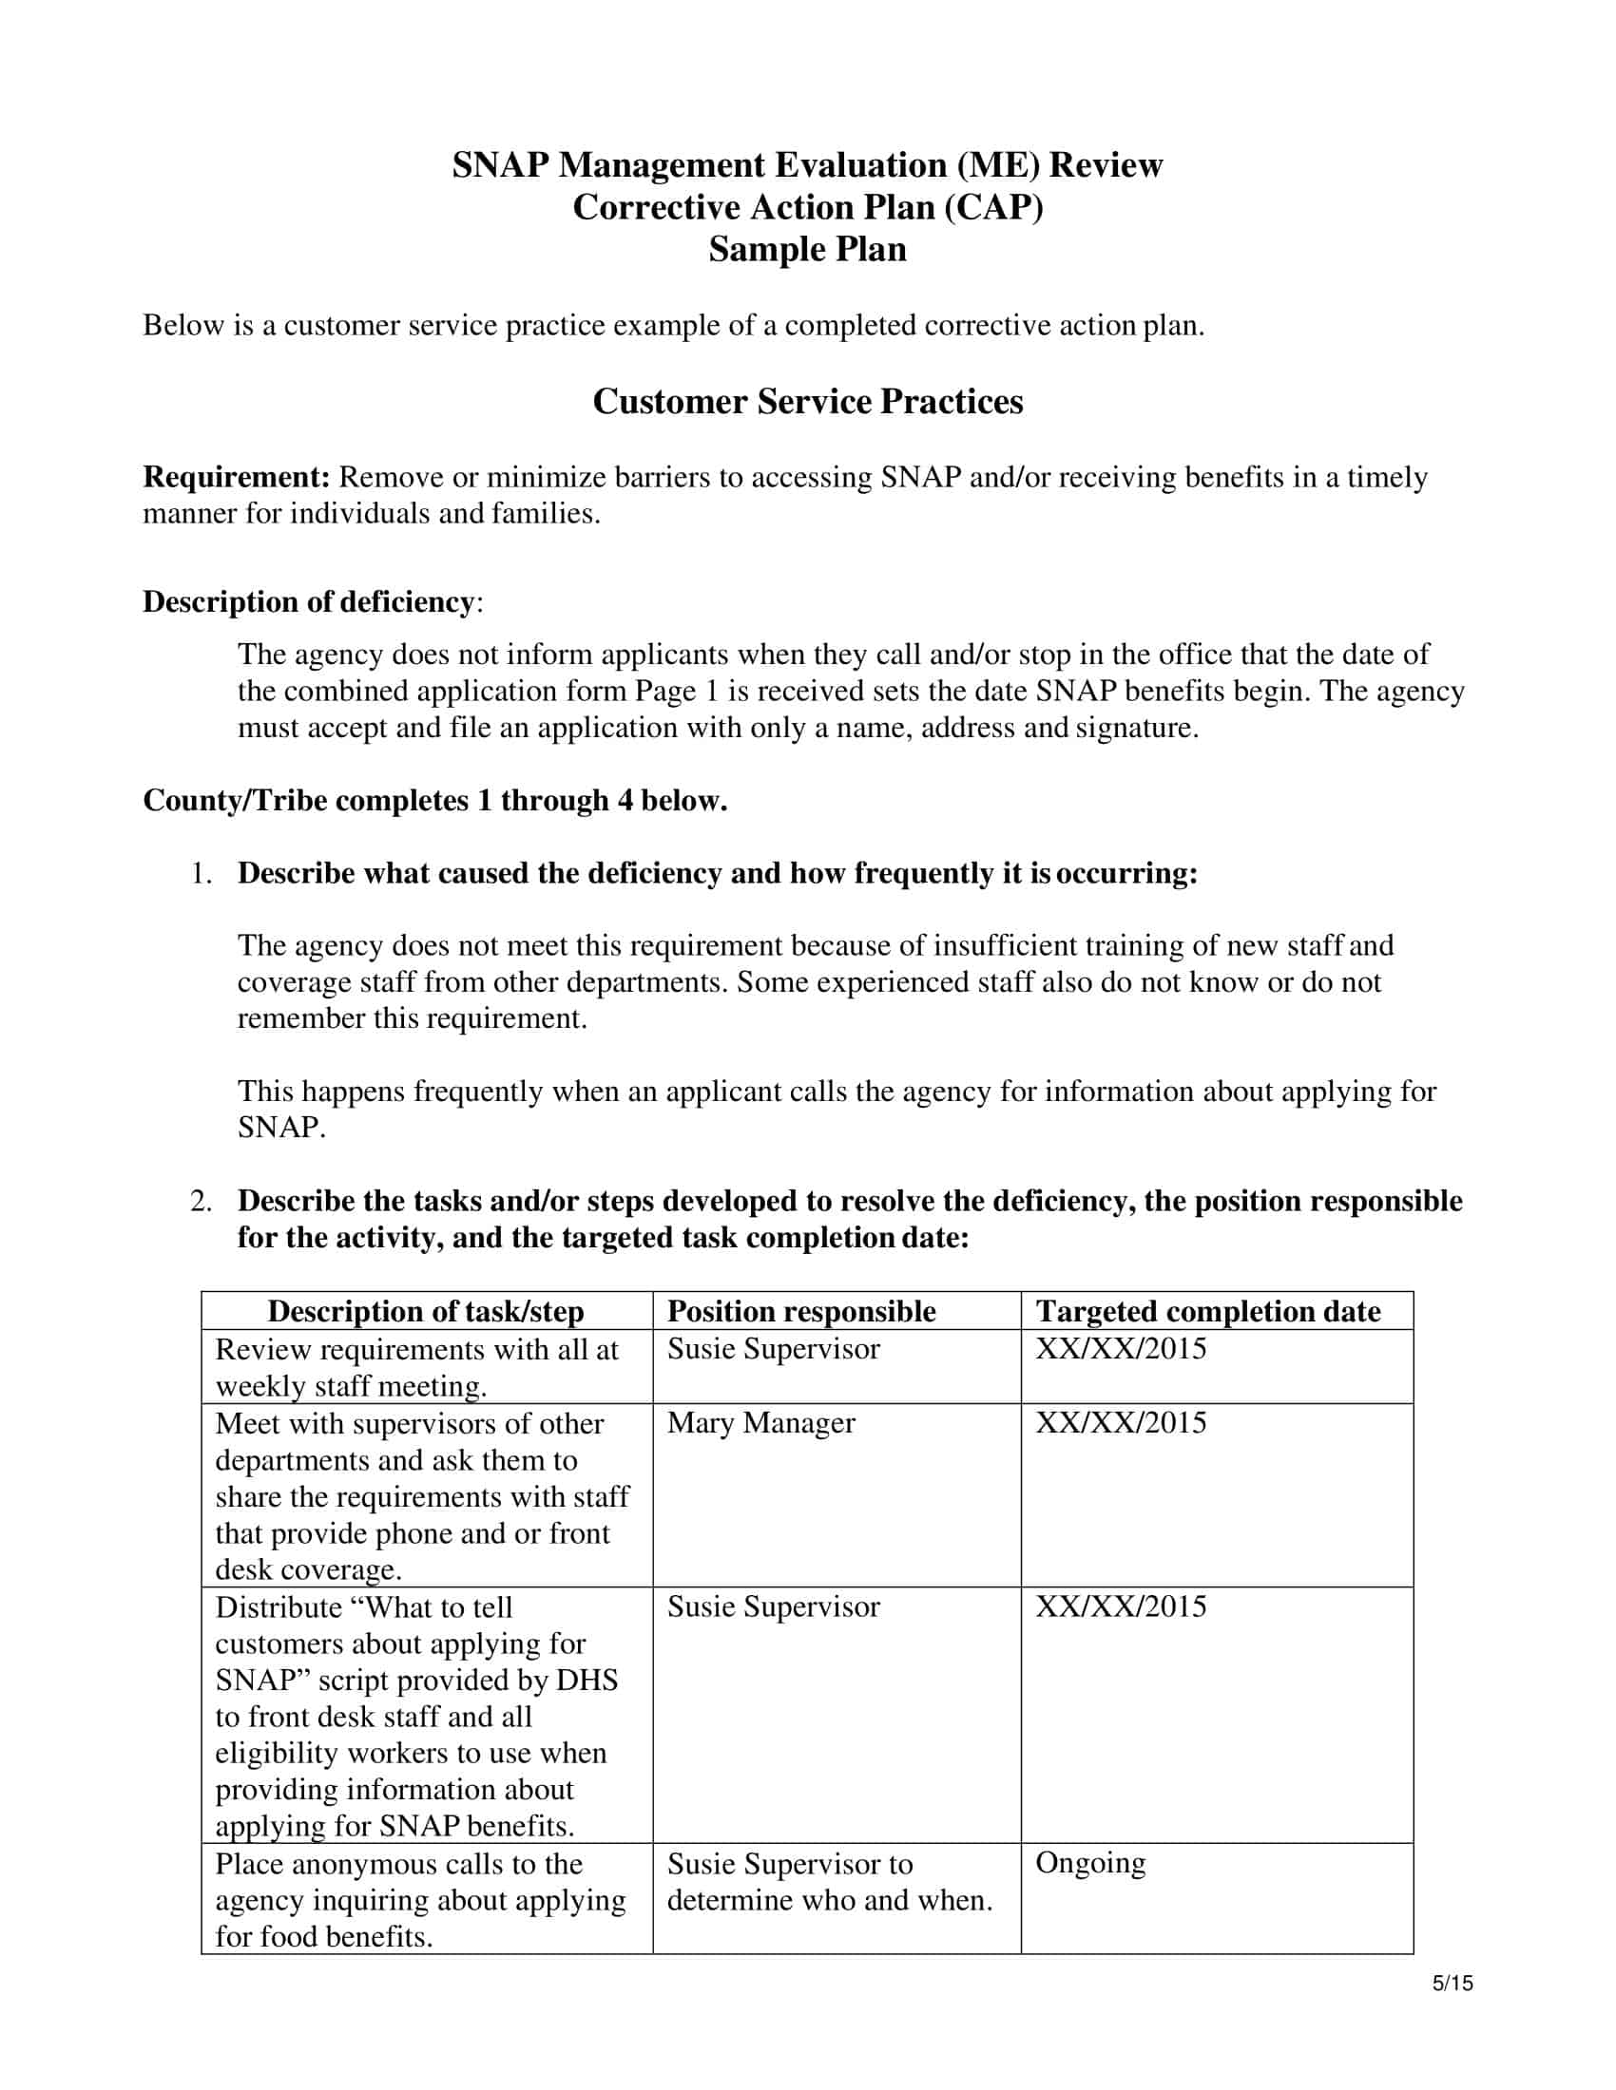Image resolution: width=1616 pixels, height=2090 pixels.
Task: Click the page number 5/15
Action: click(1452, 1984)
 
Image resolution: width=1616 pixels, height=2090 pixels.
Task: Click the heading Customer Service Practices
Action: click(807, 401)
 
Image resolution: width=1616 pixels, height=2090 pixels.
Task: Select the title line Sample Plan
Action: click(807, 250)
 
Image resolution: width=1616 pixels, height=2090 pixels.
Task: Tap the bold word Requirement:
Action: click(237, 477)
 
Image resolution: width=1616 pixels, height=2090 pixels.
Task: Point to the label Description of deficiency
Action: click(308, 602)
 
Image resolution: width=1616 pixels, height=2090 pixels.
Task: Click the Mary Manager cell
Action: click(760, 1423)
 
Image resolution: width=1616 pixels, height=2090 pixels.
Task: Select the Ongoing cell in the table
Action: click(1089, 1863)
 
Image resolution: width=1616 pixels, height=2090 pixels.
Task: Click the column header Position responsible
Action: click(800, 1311)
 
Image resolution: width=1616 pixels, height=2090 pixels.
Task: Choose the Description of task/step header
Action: click(425, 1311)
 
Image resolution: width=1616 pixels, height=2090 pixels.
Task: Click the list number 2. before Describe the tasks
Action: click(200, 1201)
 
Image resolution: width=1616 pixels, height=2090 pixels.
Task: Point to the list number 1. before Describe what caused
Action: click(200, 874)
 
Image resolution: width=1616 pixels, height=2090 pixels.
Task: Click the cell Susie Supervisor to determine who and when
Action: click(828, 1881)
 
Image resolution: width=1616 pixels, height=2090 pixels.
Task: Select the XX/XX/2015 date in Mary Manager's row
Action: click(1120, 1423)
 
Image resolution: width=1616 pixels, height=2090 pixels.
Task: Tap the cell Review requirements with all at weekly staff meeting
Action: click(416, 1367)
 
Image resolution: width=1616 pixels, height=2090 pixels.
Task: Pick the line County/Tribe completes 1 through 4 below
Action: click(434, 800)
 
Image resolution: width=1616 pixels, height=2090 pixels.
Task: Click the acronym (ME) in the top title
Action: click(997, 165)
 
